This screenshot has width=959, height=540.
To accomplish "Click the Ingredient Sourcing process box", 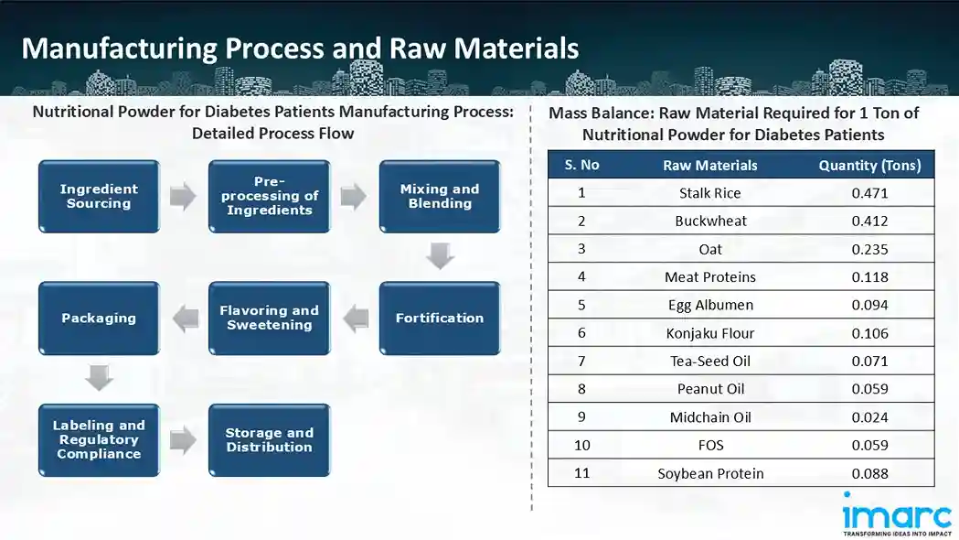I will (x=99, y=196).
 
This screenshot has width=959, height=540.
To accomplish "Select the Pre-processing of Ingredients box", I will (x=269, y=196).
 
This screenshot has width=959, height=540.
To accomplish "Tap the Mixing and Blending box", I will (x=440, y=196).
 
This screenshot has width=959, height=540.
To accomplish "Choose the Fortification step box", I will (x=440, y=318).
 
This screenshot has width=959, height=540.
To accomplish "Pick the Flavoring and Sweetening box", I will (x=269, y=318).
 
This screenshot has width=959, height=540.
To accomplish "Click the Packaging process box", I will (x=99, y=318).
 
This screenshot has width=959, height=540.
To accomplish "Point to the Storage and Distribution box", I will (x=269, y=439).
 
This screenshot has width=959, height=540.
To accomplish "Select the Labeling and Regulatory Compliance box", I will (x=99, y=439).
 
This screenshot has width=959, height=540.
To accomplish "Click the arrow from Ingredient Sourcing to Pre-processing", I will (x=184, y=196).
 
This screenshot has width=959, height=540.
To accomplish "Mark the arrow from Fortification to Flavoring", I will (x=355, y=318).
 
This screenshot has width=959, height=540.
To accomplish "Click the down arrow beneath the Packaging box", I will (x=99, y=378).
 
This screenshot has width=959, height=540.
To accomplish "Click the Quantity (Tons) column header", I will (x=868, y=165).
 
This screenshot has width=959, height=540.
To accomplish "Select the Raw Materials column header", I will (x=710, y=165).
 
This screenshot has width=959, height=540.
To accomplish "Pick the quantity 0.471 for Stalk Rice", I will (x=869, y=193).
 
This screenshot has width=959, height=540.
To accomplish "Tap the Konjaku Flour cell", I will (x=710, y=333).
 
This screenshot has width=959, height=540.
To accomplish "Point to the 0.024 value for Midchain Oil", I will (x=869, y=417).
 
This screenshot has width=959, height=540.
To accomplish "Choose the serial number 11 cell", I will (x=581, y=473).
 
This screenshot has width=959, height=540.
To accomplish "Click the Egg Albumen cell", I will (x=710, y=305).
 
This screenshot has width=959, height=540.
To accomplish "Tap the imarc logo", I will (x=896, y=514).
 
